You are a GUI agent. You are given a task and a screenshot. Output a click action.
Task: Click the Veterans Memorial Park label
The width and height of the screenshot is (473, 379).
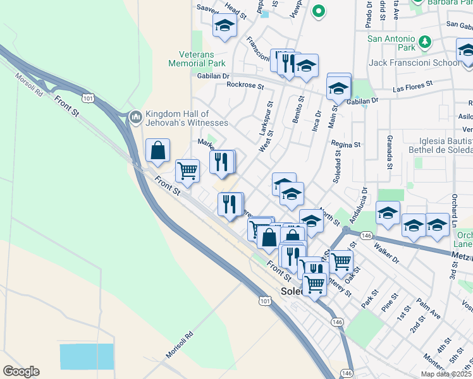click(x=197, y=59)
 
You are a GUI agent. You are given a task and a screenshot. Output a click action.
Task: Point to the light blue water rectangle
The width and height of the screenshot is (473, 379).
click(x=87, y=357)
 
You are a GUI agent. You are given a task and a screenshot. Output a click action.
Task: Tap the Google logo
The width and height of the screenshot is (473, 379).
click(x=20, y=371)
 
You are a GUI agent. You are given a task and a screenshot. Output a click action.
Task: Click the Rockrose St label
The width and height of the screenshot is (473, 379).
click(x=245, y=85)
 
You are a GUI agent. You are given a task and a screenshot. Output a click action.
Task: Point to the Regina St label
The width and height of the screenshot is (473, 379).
click(x=345, y=144)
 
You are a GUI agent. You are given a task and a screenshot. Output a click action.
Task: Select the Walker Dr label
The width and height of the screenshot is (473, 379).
click(x=387, y=252)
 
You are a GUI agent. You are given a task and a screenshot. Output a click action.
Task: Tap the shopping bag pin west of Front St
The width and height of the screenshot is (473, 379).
click(x=157, y=152)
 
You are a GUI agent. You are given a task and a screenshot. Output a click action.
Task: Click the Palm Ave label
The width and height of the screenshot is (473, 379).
click(x=429, y=310)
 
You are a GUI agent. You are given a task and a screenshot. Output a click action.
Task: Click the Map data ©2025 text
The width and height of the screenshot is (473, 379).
click(x=445, y=374)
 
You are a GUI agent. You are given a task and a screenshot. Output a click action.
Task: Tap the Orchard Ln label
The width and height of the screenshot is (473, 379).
click(x=454, y=215)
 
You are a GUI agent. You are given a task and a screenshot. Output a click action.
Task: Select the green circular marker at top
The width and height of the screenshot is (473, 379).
click(x=319, y=11)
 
